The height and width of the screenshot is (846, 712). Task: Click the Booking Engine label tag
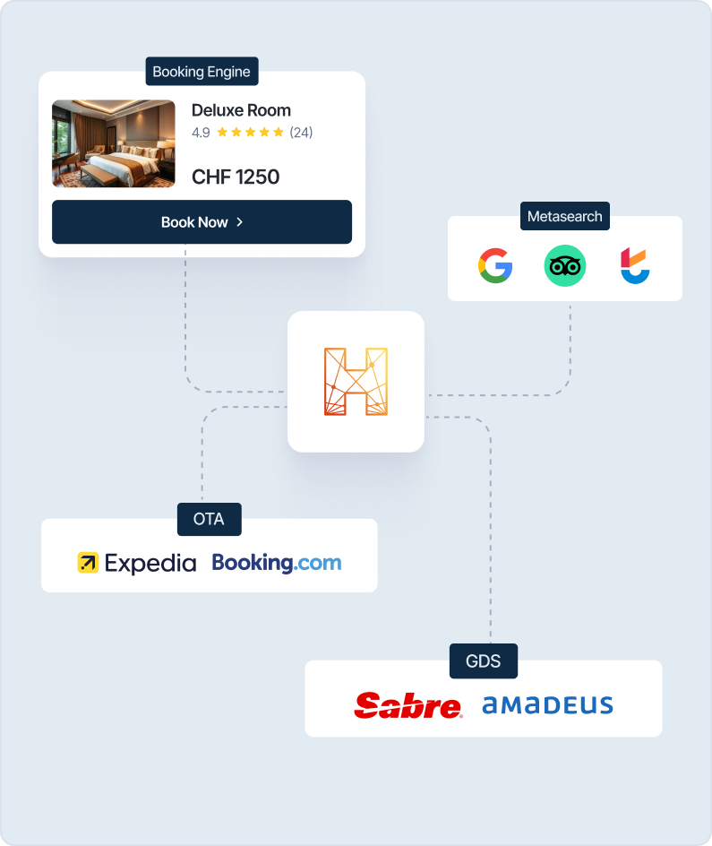pyautogui.click(x=202, y=71)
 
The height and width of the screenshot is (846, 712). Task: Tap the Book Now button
pyautogui.click(x=202, y=221)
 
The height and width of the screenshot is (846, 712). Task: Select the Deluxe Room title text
pyautogui.click(x=241, y=110)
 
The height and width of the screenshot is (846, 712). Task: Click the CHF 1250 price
pyautogui.click(x=236, y=177)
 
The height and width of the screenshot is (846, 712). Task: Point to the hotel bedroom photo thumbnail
pyautogui.click(x=113, y=143)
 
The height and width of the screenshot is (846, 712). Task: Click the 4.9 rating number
pyautogui.click(x=201, y=133)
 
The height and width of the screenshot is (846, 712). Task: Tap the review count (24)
pyautogui.click(x=301, y=133)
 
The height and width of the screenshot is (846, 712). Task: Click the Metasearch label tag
pyautogui.click(x=565, y=216)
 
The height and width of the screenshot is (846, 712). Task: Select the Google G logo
pyautogui.click(x=494, y=265)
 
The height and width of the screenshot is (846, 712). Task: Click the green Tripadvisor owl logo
pyautogui.click(x=565, y=265)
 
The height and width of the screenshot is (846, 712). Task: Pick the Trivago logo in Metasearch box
pyautogui.click(x=635, y=265)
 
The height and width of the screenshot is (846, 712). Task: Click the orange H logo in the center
pyautogui.click(x=356, y=382)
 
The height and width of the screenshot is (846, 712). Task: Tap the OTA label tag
pyautogui.click(x=210, y=519)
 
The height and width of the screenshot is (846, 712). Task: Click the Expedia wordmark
pyautogui.click(x=150, y=563)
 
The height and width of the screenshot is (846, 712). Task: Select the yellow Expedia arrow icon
pyautogui.click(x=88, y=563)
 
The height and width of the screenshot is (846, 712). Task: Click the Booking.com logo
pyautogui.click(x=277, y=563)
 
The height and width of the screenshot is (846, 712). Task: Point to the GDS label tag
pyautogui.click(x=484, y=661)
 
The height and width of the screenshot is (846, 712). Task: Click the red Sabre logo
pyautogui.click(x=408, y=705)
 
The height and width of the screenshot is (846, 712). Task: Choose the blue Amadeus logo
pyautogui.click(x=547, y=705)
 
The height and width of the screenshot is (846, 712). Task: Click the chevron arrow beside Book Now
pyautogui.click(x=239, y=221)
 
